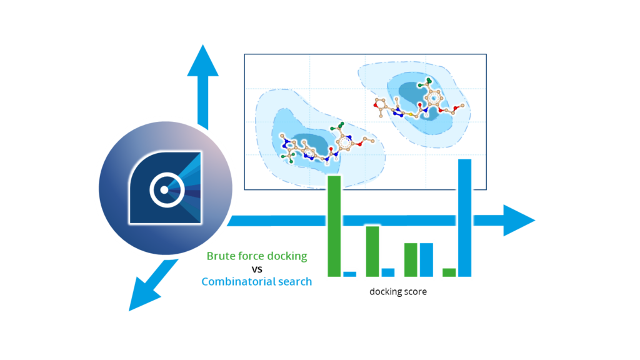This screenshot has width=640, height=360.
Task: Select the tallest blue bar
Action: tap(464, 217)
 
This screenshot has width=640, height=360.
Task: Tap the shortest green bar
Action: tap(449, 272)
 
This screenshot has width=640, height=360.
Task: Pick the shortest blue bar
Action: tap(350, 274)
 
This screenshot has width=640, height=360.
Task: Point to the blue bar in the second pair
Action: tap(388, 272)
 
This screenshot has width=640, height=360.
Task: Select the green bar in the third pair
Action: tap(411, 259)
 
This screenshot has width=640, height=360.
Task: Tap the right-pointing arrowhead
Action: tap(518, 220)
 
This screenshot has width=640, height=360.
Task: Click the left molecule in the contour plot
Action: tap(316, 146)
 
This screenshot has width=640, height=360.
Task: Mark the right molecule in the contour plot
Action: tap(417, 106)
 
